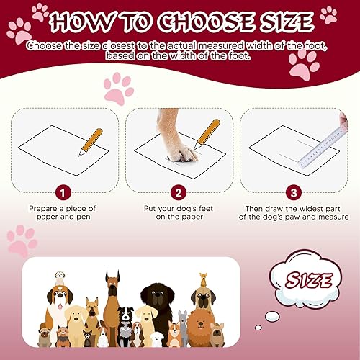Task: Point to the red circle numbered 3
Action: pos(292,194)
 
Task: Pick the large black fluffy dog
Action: pos(158,302)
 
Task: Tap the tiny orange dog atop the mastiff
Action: pos(204,277)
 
